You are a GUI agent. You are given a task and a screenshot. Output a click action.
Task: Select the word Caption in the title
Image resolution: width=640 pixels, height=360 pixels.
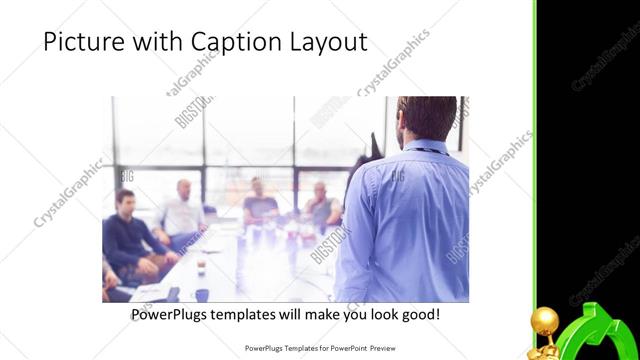click(x=233, y=42)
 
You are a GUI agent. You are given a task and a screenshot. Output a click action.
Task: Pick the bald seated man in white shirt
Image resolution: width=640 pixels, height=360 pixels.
click(x=181, y=212)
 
